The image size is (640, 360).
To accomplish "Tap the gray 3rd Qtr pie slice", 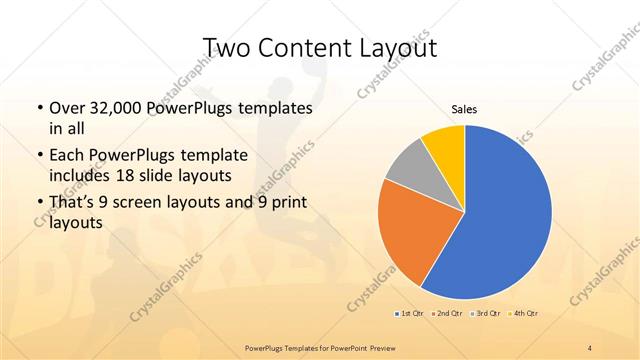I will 409,169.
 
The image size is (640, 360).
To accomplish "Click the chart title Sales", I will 464,108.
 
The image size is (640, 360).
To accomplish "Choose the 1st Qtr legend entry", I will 411,314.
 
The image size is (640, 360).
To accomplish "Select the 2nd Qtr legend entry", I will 449,314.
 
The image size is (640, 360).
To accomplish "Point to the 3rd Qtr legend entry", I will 487,314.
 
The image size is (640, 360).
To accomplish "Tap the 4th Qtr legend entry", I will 525,314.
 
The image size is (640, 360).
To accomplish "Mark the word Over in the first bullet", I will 67,107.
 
